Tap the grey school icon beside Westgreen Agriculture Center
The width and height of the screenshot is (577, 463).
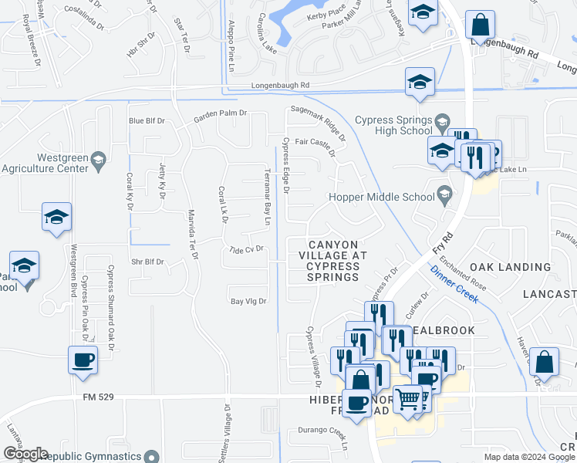[98, 161]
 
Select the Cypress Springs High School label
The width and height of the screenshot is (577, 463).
[393, 125]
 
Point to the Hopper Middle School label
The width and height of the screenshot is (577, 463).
[381, 197]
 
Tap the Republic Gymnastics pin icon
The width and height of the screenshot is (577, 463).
[151, 458]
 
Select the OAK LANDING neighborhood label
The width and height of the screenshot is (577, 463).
[510, 267]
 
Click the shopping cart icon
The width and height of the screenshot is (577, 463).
[408, 398]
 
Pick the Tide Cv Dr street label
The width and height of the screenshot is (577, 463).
[247, 249]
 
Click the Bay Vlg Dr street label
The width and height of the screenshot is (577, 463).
[248, 301]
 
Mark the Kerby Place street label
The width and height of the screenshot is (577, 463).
[326, 14]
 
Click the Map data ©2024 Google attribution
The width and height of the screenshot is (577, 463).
[529, 457]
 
